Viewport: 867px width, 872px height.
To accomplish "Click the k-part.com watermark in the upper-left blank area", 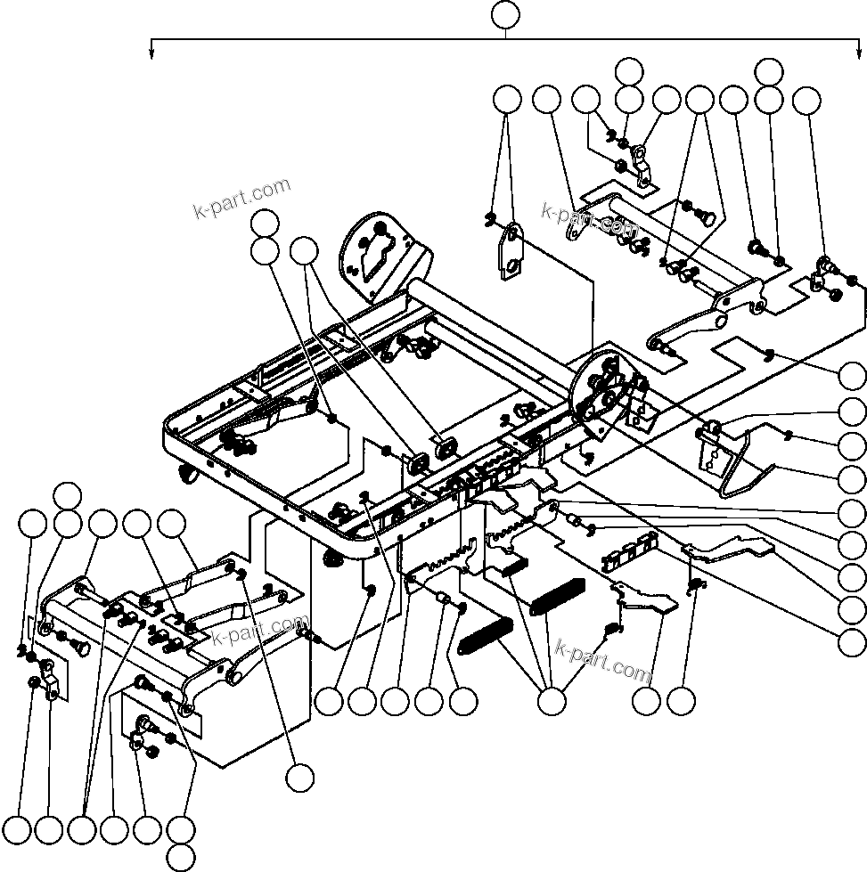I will pyautogui.click(x=241, y=199).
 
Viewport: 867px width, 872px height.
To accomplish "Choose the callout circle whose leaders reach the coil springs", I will pyautogui.click(x=552, y=702).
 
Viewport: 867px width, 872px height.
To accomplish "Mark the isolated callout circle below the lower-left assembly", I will pyautogui.click(x=300, y=777).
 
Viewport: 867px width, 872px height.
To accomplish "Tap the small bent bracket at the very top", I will pyautogui.click(x=642, y=166).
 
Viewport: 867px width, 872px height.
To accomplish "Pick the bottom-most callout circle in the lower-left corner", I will pyautogui.click(x=181, y=858).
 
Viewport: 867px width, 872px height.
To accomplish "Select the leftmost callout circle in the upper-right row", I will pyautogui.click(x=508, y=101).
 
